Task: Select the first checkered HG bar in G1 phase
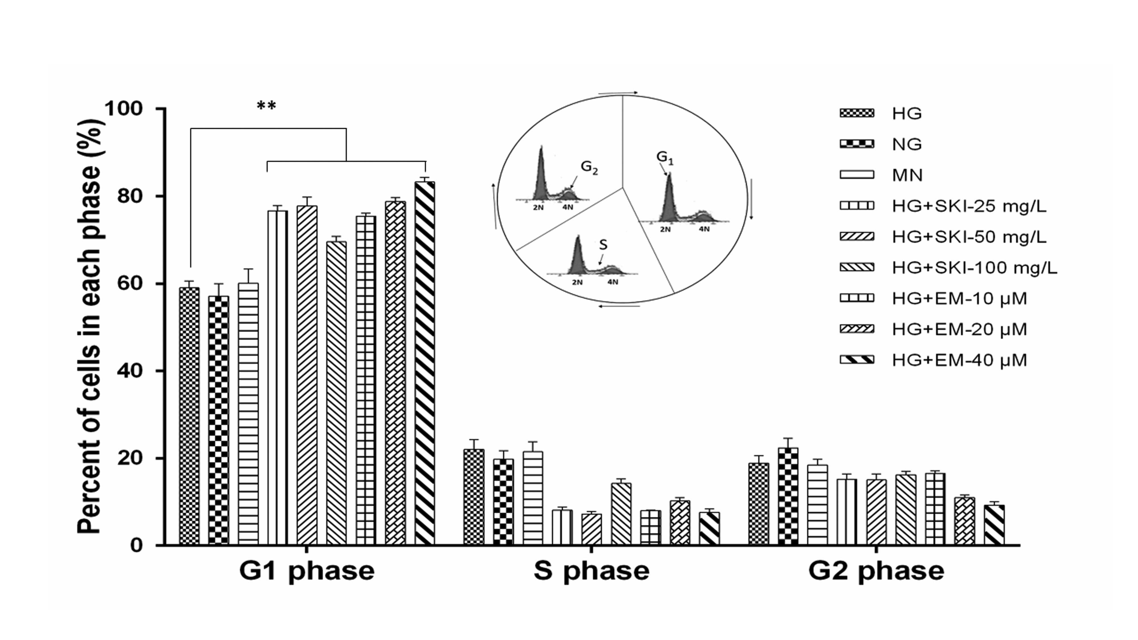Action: tap(189, 415)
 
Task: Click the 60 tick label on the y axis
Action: tap(130, 284)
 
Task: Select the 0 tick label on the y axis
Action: tap(136, 546)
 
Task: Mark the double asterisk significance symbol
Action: tap(266, 106)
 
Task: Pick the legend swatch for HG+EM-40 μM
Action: tap(857, 360)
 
